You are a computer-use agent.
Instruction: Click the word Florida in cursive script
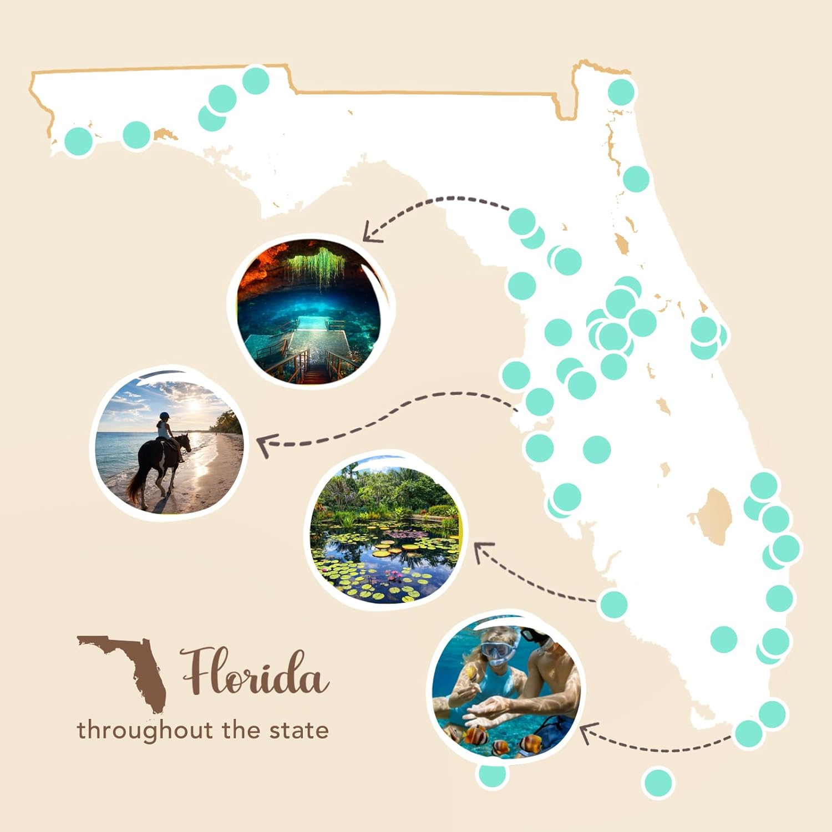tap(255, 672)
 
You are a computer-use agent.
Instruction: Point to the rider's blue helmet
tap(164, 415)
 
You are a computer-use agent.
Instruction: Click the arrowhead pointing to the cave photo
tap(371, 233)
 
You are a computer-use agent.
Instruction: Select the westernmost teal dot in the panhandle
tap(78, 141)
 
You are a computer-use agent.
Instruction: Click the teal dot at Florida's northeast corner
tap(621, 92)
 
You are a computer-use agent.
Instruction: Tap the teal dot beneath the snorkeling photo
tap(492, 774)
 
